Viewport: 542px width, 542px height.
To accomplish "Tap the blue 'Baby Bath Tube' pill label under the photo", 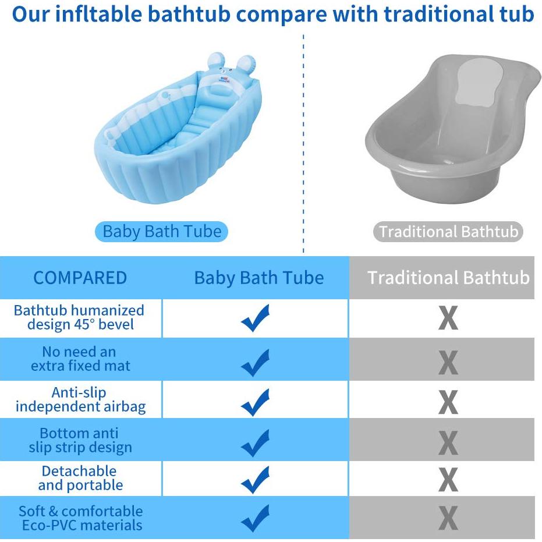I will pos(162,231).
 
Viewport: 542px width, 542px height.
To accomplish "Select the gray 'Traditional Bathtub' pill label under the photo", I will pos(448,232).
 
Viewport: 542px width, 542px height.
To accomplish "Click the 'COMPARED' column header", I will pos(80,278).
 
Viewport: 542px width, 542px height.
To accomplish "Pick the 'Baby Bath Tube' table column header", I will pos(258,278).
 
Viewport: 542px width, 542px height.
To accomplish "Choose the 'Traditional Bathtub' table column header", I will pos(448,278).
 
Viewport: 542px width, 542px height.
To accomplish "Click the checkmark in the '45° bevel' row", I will pos(256,318).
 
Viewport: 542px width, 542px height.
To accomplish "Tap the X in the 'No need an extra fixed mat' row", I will pos(448,362).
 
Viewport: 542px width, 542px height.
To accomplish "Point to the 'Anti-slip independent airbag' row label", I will pos(80,399).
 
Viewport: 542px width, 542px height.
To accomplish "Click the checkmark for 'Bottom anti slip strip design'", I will pos(256,442).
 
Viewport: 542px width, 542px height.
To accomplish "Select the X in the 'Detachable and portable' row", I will pos(448,480).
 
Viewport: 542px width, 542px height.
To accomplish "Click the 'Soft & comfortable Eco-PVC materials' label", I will pos(80,518).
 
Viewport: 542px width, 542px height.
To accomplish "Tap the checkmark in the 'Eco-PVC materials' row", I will pos(256,518).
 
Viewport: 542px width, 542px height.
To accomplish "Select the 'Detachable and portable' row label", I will pos(80,478).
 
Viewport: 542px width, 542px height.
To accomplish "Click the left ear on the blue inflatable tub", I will pos(216,59).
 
